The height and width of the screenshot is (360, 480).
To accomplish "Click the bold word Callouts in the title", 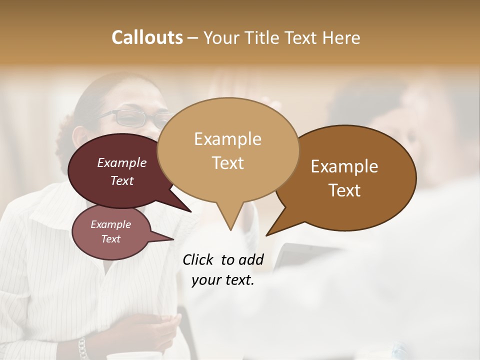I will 147,37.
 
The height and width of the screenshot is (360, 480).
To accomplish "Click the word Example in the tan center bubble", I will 227,139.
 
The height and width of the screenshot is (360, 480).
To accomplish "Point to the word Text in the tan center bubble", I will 227,163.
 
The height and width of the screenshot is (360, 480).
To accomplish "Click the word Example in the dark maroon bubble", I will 121,162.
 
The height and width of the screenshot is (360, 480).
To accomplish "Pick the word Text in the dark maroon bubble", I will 121,180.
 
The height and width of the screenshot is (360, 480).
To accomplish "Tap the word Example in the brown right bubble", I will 344,166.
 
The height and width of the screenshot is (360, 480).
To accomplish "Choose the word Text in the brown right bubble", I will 344,190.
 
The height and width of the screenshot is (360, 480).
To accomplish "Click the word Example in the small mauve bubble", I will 110,224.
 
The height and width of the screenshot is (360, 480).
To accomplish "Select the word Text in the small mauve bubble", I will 110,239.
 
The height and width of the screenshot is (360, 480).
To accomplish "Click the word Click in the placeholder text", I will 199,259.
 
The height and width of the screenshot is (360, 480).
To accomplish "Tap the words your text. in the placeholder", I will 223,280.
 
